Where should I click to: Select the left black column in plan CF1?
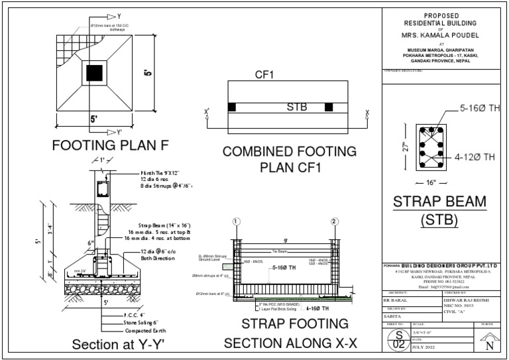point(231,107)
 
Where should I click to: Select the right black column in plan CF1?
point(328,107)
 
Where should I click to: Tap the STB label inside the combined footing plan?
point(296,106)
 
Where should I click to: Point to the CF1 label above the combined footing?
point(266,76)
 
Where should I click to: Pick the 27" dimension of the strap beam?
point(405,147)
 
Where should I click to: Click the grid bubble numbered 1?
point(235,221)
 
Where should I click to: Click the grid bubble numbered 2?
point(334,221)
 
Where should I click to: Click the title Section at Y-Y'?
point(117,344)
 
